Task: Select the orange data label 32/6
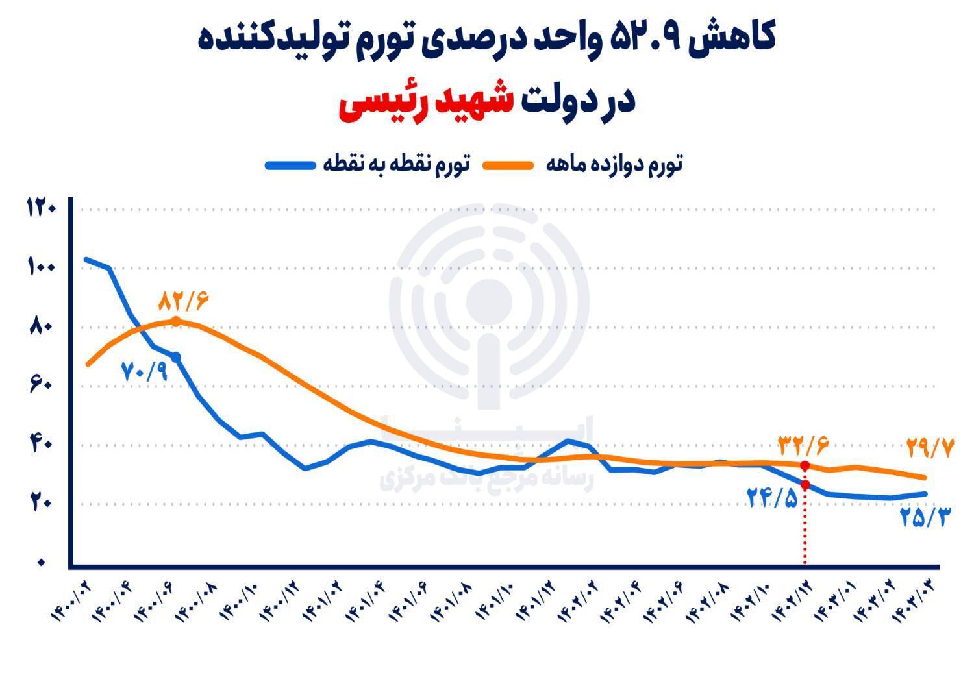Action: (803, 446)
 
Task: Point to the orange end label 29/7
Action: (930, 448)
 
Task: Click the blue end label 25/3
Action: (925, 517)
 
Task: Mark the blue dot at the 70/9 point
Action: (175, 357)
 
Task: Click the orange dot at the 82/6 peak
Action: (175, 321)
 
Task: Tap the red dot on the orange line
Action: (805, 466)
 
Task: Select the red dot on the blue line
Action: (805, 485)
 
